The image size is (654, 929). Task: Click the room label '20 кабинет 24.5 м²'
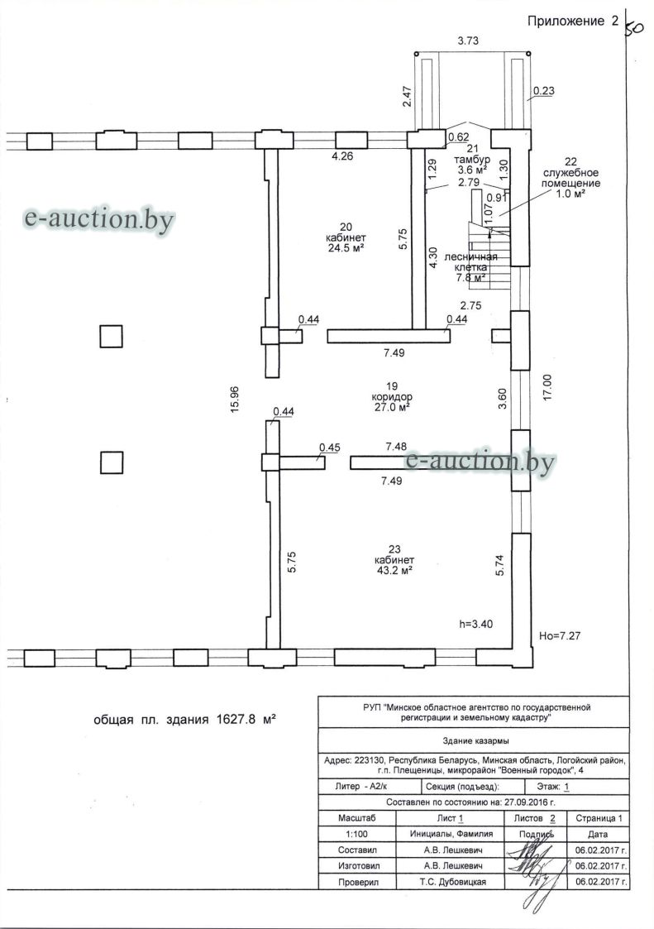coord(346,237)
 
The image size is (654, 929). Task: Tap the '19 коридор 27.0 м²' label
coord(392,396)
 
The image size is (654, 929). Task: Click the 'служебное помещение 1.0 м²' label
coord(571,177)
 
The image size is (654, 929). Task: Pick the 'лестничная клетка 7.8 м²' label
coord(471,266)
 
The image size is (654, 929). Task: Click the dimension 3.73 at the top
coord(468,41)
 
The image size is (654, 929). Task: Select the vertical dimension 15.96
coord(235,400)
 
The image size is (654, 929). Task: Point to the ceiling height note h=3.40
coord(475,624)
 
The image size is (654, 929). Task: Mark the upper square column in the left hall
coord(111,336)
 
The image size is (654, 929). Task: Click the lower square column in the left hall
coord(111,462)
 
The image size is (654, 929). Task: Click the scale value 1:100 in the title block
coord(356,834)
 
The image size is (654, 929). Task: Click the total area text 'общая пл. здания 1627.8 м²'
coord(185,720)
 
